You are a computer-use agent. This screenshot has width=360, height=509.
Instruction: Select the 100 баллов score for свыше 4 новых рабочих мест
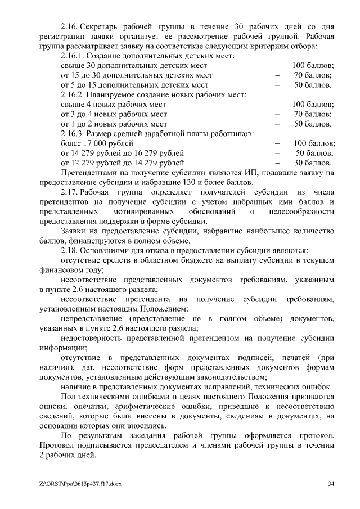tap(313, 104)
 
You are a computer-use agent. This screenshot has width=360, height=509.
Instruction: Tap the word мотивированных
tap(135, 211)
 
